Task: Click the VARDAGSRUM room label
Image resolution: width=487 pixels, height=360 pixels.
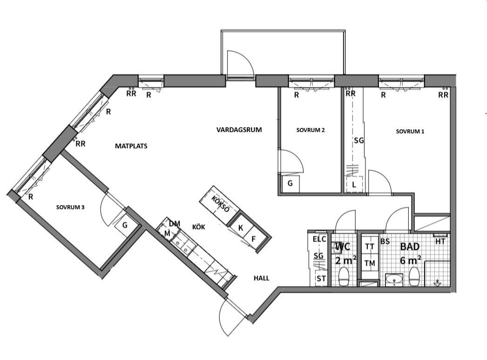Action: pyautogui.click(x=239, y=130)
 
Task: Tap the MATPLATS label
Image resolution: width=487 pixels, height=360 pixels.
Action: pyautogui.click(x=131, y=146)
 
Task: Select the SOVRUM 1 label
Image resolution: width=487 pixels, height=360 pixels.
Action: pyautogui.click(x=410, y=131)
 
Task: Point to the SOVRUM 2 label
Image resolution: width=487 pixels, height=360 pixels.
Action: pyautogui.click(x=310, y=130)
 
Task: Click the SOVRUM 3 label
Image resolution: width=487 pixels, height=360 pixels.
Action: pyautogui.click(x=70, y=207)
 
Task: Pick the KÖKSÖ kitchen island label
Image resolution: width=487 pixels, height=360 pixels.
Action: pyautogui.click(x=221, y=204)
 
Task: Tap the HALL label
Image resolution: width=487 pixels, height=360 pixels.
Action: pyautogui.click(x=262, y=278)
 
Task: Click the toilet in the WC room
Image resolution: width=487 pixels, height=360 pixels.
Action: pyautogui.click(x=344, y=277)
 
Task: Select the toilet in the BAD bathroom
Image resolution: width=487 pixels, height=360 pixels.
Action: pyautogui.click(x=414, y=277)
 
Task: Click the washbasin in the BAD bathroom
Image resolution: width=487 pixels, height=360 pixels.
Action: pyautogui.click(x=394, y=280)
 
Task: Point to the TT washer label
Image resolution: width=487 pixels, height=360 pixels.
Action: pyautogui.click(x=370, y=247)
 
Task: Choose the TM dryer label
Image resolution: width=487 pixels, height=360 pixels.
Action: pyautogui.click(x=370, y=263)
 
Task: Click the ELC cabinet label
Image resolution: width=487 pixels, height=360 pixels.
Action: pyautogui.click(x=319, y=239)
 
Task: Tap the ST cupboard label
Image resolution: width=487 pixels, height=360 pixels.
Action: pyautogui.click(x=321, y=279)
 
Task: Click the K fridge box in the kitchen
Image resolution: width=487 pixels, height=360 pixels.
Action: pyautogui.click(x=240, y=227)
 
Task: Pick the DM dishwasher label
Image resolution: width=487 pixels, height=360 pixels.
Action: pyautogui.click(x=175, y=223)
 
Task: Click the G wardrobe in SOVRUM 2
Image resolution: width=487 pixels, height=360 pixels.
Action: pyautogui.click(x=291, y=183)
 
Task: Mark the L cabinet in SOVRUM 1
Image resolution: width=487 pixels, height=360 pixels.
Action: pyautogui.click(x=354, y=184)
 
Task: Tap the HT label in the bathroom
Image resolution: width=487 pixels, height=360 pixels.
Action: pyautogui.click(x=440, y=241)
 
